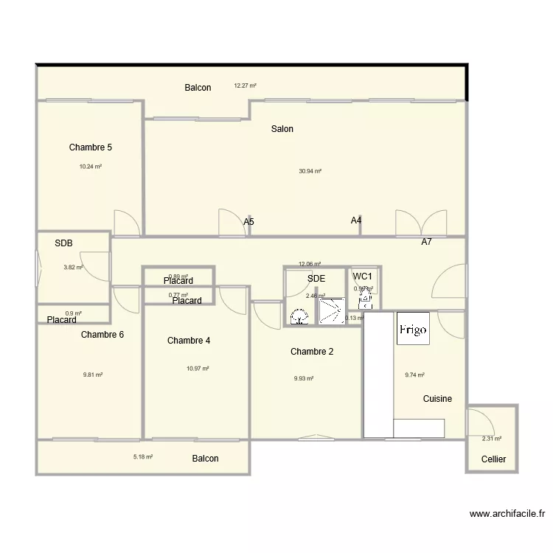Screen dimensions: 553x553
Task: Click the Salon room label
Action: coord(282,129)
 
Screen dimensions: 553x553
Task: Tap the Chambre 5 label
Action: coord(91,147)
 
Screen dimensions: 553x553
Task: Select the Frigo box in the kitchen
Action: coord(413,329)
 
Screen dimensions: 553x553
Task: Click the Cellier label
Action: coord(493,459)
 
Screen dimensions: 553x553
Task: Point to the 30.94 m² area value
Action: coord(310,171)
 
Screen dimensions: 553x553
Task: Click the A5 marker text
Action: coord(248,221)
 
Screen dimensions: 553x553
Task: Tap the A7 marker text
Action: coord(426,242)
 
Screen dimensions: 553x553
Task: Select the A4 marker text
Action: coord(356,220)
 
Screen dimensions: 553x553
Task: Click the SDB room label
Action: coord(64,243)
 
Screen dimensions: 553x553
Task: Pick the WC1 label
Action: coord(363,276)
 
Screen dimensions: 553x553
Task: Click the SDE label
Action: coord(316,278)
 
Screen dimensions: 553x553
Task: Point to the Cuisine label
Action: coord(437,399)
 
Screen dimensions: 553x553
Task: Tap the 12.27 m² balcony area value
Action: coord(245,86)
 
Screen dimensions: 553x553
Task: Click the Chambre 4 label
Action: coord(189,341)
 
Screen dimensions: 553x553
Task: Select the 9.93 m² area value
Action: coord(304,379)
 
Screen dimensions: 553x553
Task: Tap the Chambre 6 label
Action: coord(102,335)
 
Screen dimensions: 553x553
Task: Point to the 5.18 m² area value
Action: coord(143,457)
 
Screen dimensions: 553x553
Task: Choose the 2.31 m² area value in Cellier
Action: coord(492,439)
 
